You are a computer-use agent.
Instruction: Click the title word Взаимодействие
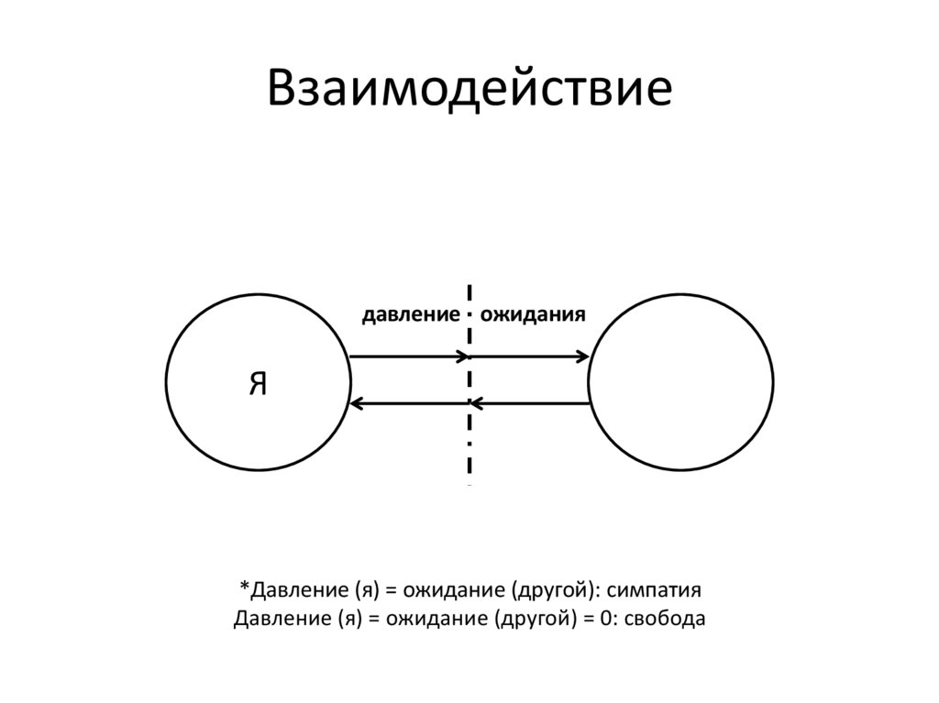(469, 91)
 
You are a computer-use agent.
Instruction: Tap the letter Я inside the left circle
(258, 384)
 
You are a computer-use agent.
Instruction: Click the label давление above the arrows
(410, 315)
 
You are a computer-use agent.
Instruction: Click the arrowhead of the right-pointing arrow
(582, 356)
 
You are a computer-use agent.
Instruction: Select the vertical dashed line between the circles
(469, 431)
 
